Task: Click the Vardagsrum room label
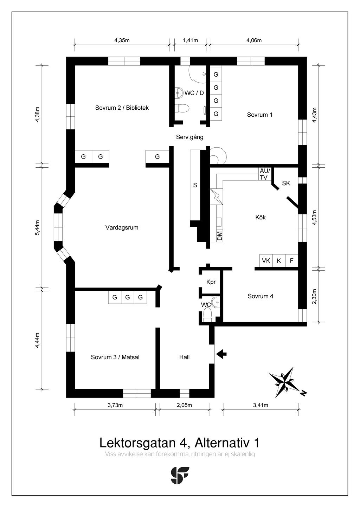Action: click(122, 227)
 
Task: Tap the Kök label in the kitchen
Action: click(261, 217)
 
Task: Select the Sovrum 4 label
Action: click(261, 296)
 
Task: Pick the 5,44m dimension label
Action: click(38, 228)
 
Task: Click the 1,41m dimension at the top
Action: click(191, 40)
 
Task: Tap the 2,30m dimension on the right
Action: click(314, 296)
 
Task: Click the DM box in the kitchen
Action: click(219, 236)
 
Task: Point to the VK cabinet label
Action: click(266, 260)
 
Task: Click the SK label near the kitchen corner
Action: click(286, 183)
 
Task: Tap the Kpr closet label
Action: click(211, 282)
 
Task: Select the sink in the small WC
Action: click(216, 302)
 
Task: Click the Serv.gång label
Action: click(190, 137)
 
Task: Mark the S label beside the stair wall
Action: click(195, 185)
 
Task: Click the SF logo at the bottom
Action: click(180, 475)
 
